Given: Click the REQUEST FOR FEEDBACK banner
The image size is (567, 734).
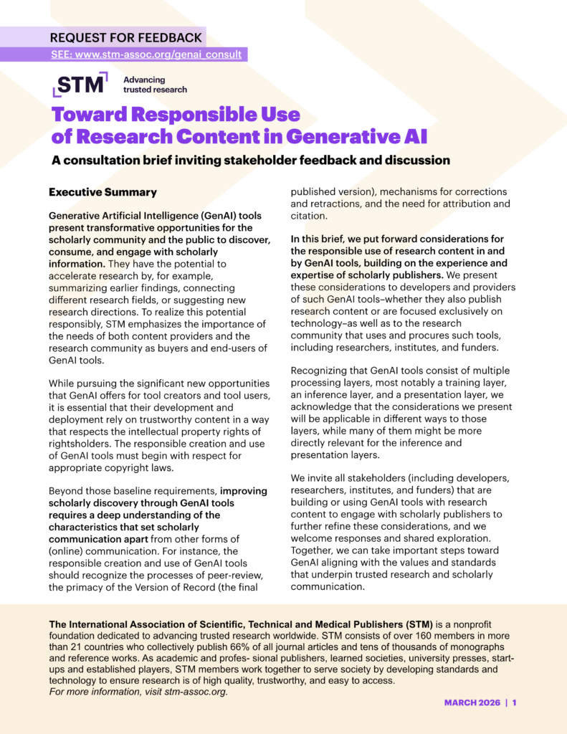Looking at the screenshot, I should [x=126, y=37].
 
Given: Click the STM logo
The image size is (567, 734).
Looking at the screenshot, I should [x=80, y=84].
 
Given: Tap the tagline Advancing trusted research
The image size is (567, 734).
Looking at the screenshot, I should [x=155, y=85].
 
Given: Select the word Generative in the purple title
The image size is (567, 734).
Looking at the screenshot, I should [x=343, y=135].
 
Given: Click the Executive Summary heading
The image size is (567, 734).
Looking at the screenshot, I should [x=103, y=193].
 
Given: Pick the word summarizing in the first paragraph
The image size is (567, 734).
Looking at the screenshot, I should [x=82, y=289].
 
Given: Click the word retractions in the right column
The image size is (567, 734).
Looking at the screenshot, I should [x=346, y=204].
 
